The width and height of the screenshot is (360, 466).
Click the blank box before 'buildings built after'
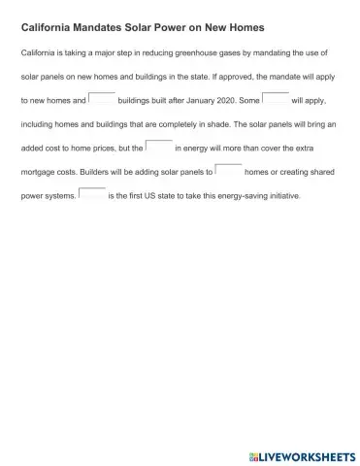tap(102, 98)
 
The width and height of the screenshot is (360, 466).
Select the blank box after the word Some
tap(276, 98)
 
